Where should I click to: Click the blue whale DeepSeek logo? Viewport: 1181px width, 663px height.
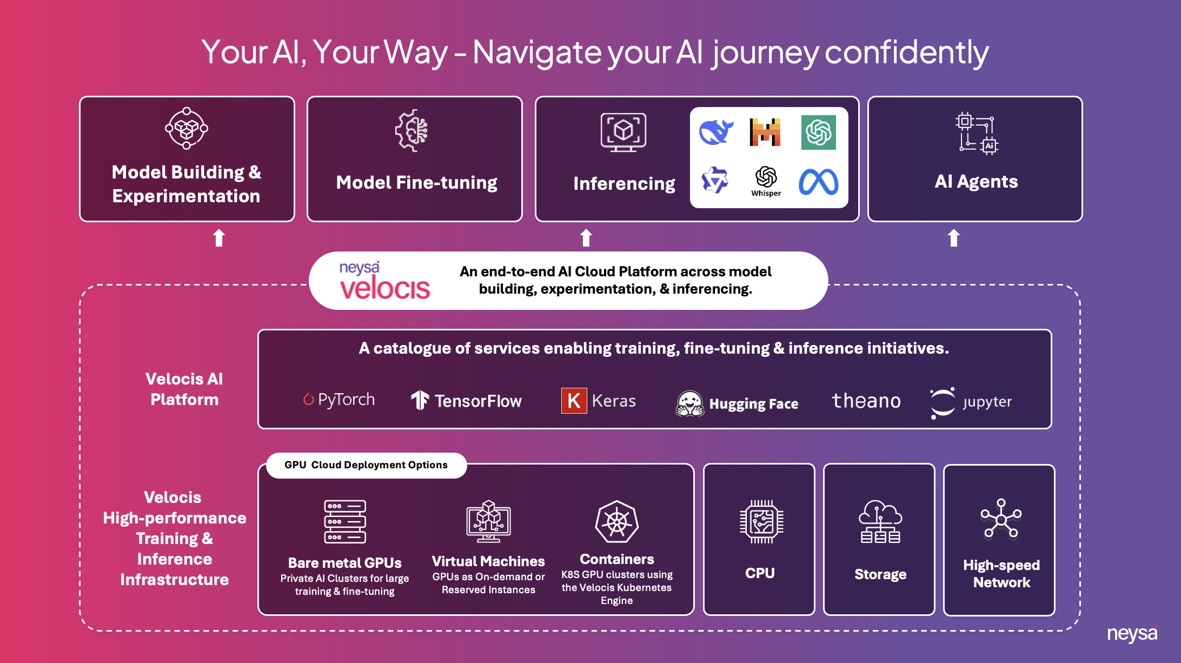715,132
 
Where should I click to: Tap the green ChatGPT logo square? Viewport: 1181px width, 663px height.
818,132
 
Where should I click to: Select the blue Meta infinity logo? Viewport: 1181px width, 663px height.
819,182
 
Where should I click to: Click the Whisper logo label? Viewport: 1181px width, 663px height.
766,193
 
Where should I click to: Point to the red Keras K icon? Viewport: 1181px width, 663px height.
574,401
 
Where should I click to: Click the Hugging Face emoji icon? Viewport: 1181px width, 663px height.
690,403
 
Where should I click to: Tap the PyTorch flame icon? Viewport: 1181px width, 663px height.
308,399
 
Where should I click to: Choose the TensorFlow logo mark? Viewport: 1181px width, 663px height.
420,400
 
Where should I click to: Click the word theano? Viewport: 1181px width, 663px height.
866,401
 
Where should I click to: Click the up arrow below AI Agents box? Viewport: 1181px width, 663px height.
954,238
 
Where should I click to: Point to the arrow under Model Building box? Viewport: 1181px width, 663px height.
219,238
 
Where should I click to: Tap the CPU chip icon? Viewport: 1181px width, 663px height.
761,522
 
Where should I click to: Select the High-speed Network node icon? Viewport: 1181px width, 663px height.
1001,519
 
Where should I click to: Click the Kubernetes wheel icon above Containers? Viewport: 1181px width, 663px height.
616,522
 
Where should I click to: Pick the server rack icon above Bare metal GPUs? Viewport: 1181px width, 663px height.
345,522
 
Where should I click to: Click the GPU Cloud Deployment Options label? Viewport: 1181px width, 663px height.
366,465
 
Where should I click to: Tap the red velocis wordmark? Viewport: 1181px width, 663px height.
385,288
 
